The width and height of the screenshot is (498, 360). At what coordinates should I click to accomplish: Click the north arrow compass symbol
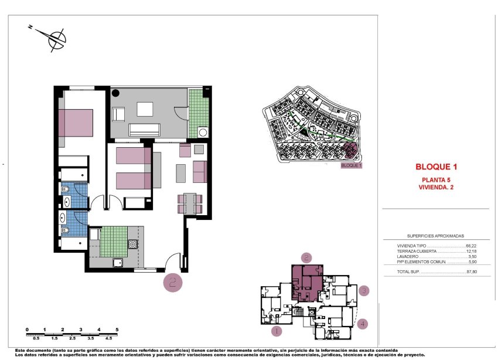56,38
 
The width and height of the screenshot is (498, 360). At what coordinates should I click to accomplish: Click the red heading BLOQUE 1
436,167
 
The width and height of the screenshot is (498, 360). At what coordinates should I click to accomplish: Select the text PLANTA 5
436,180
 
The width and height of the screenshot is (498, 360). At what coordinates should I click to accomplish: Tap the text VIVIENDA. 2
436,188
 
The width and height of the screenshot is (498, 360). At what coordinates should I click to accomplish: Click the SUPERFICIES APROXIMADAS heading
435,234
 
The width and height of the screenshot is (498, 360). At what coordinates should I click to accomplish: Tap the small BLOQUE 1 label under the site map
352,166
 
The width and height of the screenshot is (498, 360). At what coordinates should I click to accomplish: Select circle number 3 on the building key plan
364,290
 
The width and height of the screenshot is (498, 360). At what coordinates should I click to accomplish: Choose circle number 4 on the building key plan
363,323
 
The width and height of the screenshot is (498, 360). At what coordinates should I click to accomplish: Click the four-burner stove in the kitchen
133,244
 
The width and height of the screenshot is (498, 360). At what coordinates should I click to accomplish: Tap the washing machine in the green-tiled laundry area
203,133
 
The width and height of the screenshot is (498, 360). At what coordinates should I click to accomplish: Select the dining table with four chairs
189,203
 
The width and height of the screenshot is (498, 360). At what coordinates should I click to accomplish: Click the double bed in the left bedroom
76,123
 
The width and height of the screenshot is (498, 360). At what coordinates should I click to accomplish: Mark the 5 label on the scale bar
118,330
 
